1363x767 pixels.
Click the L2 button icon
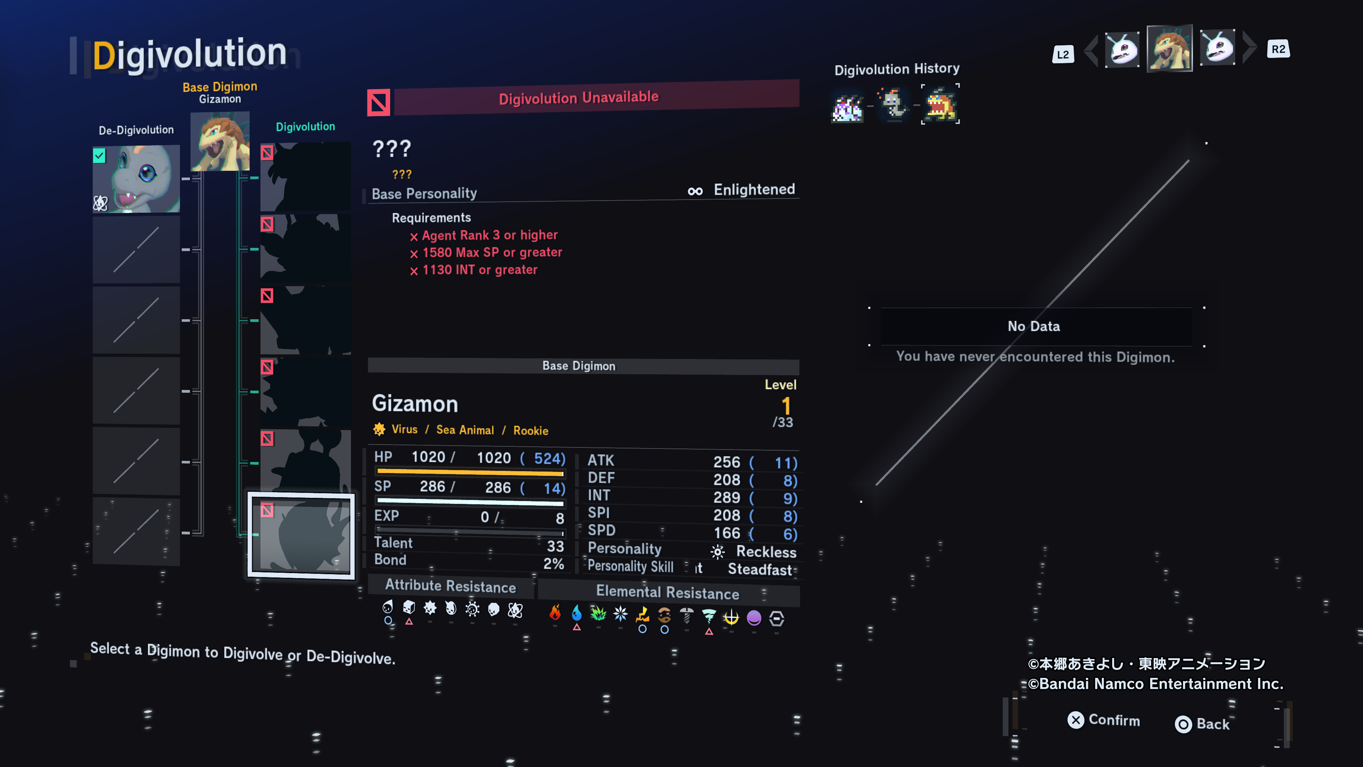(x=1062, y=54)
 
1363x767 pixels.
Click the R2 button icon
(x=1278, y=49)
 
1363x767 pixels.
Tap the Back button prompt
(x=1202, y=724)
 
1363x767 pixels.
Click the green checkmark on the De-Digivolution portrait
(x=99, y=156)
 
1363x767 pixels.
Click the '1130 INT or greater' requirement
(x=480, y=270)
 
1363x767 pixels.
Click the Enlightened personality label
(x=754, y=190)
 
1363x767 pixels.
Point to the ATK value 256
(x=727, y=462)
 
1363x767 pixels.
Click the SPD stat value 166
(x=727, y=533)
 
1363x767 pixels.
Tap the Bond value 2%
(x=553, y=564)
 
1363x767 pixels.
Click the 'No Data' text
(x=1033, y=326)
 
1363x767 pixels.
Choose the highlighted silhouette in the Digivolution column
(x=301, y=535)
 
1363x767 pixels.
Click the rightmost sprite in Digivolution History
(x=940, y=104)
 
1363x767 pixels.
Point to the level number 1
(x=786, y=406)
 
